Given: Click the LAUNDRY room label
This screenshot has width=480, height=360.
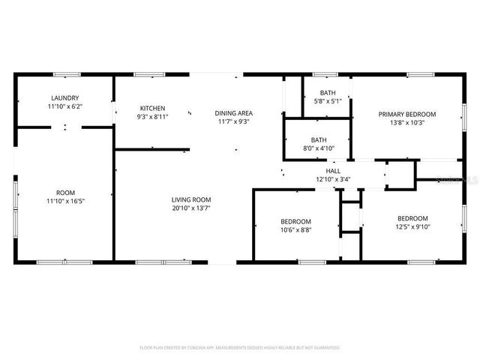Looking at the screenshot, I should [x=64, y=98].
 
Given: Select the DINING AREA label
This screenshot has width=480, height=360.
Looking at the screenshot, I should [x=232, y=112].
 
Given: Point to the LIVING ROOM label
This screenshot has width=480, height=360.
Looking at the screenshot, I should [x=191, y=199].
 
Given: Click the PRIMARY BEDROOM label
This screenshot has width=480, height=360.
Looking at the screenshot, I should [x=406, y=114].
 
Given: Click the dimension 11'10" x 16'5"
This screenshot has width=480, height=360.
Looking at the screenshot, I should [x=65, y=201].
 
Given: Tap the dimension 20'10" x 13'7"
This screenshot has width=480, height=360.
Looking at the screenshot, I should [x=191, y=208].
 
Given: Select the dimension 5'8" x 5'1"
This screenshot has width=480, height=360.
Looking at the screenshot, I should [x=328, y=101].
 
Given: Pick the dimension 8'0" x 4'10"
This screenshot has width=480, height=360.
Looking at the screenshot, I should [x=319, y=148].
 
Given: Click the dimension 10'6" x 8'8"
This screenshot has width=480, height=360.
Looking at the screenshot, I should [x=295, y=230].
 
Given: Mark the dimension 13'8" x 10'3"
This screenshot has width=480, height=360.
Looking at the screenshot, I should [x=406, y=123].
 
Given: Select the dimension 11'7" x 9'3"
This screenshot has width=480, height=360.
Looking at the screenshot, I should [x=232, y=121].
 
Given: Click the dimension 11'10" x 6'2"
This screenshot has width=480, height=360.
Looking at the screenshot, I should [x=64, y=106].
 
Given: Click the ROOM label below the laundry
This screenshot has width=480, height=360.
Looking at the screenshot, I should [x=65, y=193].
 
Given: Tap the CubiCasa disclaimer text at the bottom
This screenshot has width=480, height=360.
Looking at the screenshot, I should [x=240, y=348].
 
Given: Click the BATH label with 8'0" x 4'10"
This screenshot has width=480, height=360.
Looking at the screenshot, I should [x=319, y=139].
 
